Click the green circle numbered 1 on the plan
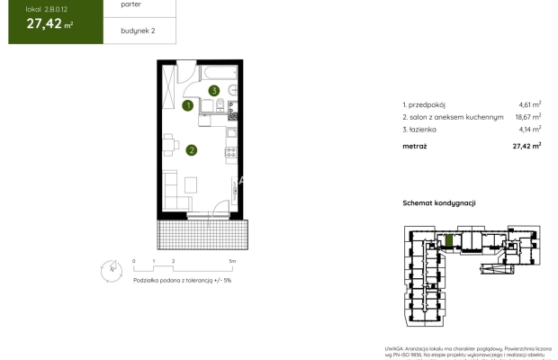click(x=188, y=105)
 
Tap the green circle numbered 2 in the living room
click(x=191, y=150)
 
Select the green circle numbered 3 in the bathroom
click(x=214, y=90)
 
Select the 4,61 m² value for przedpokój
click(x=530, y=104)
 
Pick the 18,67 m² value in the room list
click(x=528, y=117)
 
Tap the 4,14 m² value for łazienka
click(x=530, y=130)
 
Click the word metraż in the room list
click(x=415, y=146)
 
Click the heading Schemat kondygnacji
click(x=438, y=203)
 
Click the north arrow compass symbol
click(x=111, y=267)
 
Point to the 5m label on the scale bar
click(x=232, y=261)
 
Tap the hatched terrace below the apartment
click(x=199, y=235)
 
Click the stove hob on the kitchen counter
click(x=232, y=111)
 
